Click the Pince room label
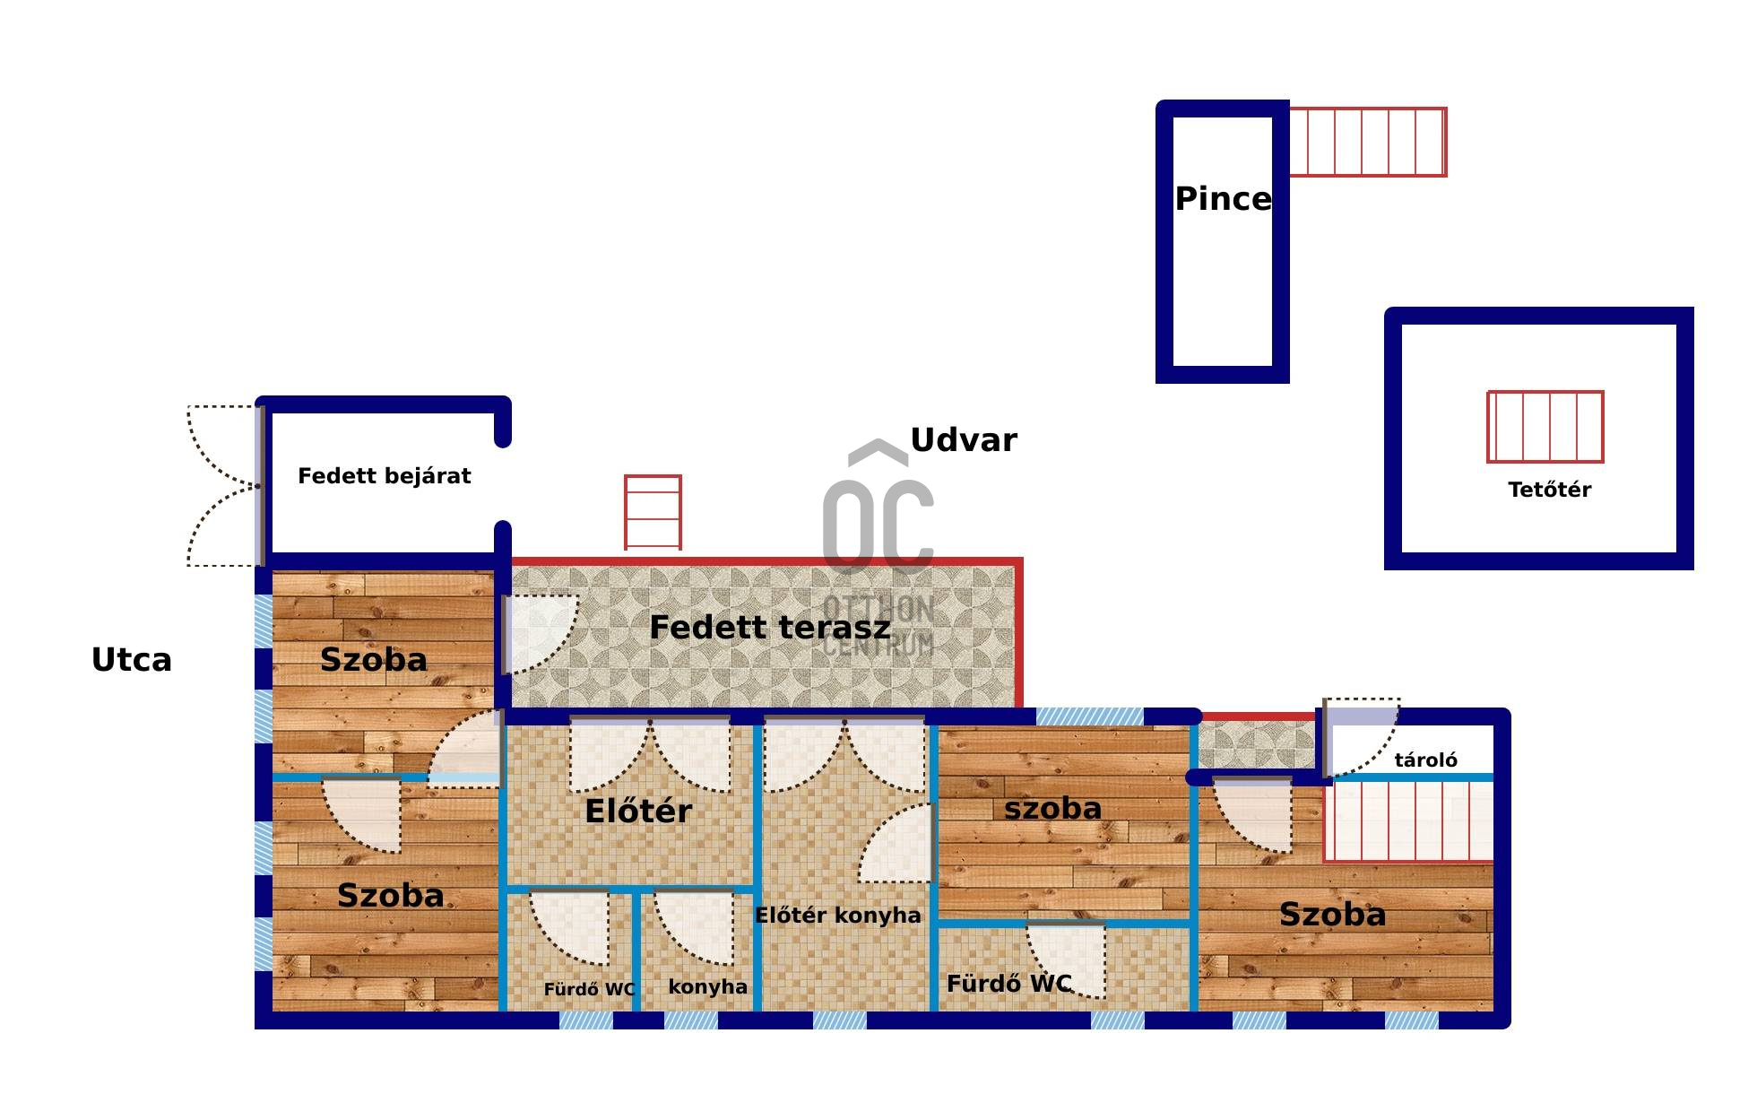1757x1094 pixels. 1223,199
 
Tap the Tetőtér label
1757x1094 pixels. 1549,490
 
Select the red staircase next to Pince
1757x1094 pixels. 1367,142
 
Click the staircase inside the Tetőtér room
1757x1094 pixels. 1545,427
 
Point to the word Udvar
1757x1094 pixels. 964,440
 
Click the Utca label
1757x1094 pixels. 132,660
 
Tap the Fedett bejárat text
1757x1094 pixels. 384,476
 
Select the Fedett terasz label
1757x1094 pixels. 769,628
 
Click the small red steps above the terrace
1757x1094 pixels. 653,512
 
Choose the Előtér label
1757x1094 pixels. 638,812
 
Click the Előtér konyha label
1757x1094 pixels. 837,916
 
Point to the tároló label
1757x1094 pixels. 1425,760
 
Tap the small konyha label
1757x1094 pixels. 707,986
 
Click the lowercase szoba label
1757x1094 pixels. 1052,808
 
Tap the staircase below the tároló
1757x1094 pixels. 1408,820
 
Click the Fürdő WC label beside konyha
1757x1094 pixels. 589,989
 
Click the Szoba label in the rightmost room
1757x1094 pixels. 1332,915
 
